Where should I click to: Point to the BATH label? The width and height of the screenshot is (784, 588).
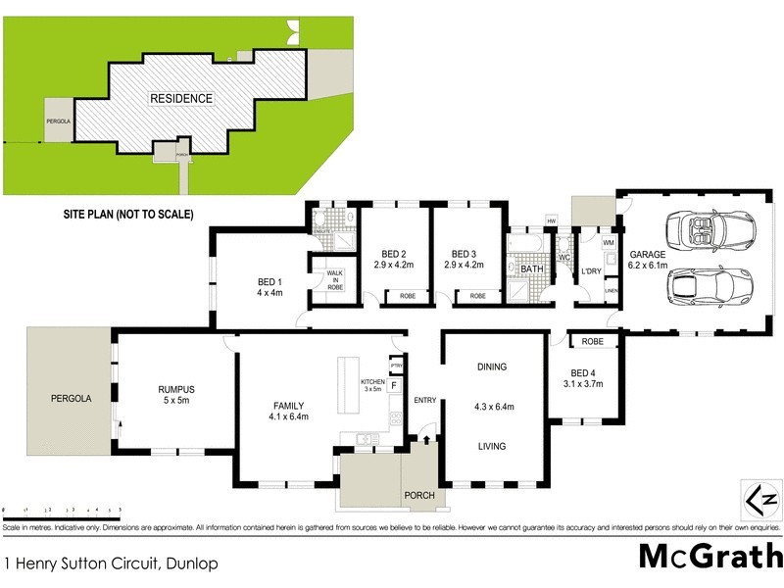(x=532, y=269)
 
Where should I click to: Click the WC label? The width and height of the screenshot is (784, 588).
(x=563, y=258)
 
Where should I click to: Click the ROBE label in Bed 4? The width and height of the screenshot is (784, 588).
(x=592, y=342)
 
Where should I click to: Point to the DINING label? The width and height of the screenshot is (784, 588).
(x=492, y=367)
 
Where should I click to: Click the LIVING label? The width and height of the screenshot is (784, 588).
(x=492, y=447)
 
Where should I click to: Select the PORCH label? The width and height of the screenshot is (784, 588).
(x=419, y=496)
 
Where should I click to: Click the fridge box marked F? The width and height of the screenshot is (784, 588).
(x=394, y=385)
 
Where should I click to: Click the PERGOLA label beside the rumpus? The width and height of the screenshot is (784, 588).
(x=71, y=399)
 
